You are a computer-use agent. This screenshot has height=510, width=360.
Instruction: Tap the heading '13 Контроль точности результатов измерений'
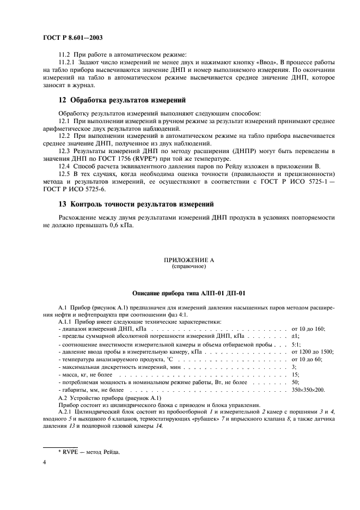tap(136, 204)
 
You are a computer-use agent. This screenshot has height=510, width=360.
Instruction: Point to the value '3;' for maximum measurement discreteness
tap(295, 367)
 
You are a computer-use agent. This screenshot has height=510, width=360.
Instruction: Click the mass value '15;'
tap(296, 375)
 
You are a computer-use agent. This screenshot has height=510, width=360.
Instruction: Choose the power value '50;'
tap(296, 382)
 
